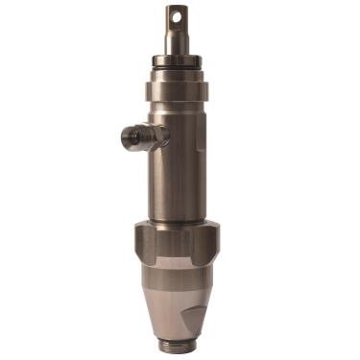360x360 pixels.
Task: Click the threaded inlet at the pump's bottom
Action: point(180,346)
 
